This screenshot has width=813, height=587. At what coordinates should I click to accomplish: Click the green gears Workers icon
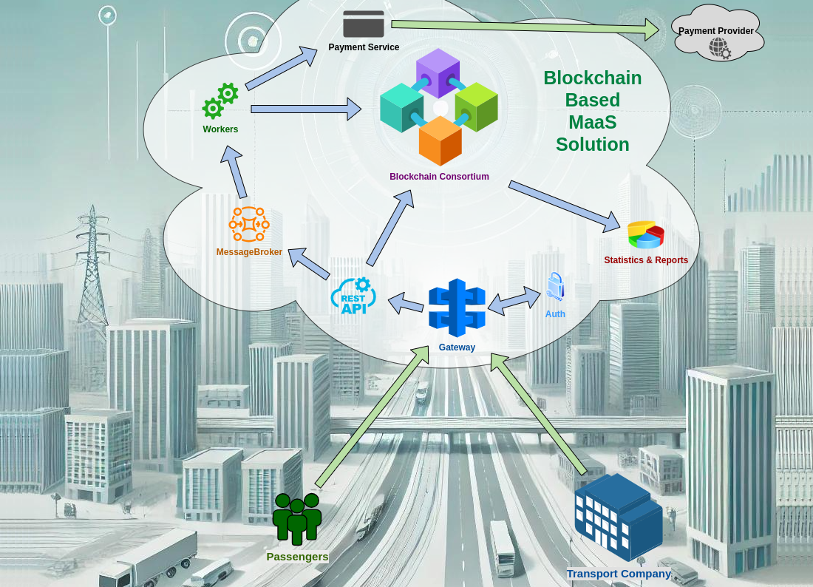(x=220, y=101)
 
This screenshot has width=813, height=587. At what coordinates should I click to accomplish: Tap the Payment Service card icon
(x=364, y=24)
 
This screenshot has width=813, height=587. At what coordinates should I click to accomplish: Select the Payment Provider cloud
(x=716, y=33)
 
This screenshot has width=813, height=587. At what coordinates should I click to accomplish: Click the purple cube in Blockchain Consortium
(x=438, y=72)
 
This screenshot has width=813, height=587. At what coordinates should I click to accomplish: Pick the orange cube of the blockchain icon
(x=440, y=140)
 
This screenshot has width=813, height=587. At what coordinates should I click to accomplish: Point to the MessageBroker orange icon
(x=249, y=224)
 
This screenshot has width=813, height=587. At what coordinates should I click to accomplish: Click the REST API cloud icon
(x=353, y=296)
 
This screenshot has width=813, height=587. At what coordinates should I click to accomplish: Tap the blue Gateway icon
(x=457, y=308)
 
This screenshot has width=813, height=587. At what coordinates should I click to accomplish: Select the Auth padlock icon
(x=556, y=288)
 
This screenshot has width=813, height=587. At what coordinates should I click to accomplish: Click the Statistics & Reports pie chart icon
(x=645, y=234)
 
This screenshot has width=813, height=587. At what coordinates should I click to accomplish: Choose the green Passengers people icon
(x=297, y=518)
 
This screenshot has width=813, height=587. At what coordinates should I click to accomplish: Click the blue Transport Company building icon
(x=619, y=517)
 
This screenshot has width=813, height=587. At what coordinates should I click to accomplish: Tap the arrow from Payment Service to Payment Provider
(x=525, y=28)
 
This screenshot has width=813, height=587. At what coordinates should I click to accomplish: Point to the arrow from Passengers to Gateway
(x=373, y=417)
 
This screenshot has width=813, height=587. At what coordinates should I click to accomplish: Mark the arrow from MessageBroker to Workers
(x=234, y=172)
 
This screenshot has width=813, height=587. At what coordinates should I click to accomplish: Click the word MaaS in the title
(x=592, y=122)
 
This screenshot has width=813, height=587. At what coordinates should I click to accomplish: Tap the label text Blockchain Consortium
(x=439, y=177)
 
